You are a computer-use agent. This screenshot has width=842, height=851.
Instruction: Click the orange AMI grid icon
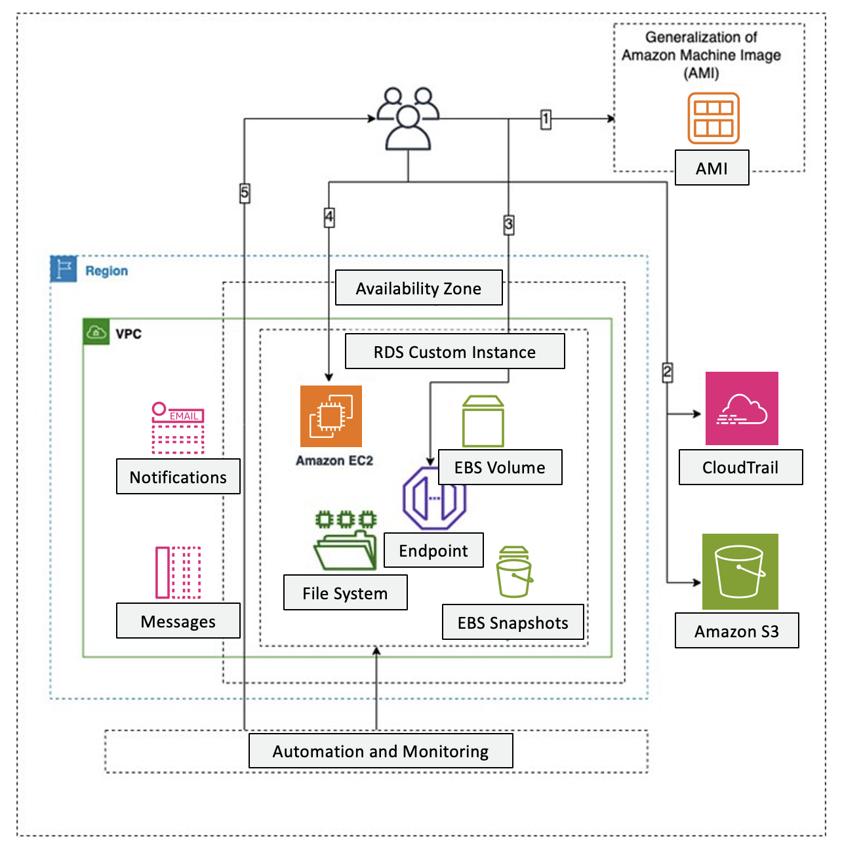(713, 118)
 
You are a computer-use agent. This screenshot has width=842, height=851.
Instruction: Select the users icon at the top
(408, 119)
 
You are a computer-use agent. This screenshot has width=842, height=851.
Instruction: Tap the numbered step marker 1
(546, 119)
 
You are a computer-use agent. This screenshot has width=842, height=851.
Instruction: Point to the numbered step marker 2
(667, 372)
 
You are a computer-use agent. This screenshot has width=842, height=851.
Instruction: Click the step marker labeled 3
(509, 224)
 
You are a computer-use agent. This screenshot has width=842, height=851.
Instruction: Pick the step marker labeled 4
(329, 216)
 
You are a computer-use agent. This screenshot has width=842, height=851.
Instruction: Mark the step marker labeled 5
(245, 193)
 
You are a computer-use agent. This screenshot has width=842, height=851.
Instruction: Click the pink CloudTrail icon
(742, 408)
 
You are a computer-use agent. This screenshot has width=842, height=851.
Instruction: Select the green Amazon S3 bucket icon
(740, 571)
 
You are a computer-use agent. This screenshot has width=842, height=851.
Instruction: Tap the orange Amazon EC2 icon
(331, 416)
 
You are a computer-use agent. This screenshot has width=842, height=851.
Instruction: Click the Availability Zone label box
(418, 288)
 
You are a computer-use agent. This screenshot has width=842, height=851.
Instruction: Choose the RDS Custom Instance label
(454, 351)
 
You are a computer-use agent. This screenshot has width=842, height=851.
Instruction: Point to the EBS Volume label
(500, 467)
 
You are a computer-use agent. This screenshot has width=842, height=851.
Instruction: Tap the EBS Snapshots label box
(513, 622)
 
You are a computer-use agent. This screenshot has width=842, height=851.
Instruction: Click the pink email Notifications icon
(178, 428)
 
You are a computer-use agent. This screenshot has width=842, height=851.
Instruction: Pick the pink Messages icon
(178, 572)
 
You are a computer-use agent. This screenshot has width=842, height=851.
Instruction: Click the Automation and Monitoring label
(380, 751)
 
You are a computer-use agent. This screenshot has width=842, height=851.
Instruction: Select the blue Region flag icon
(64, 269)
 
